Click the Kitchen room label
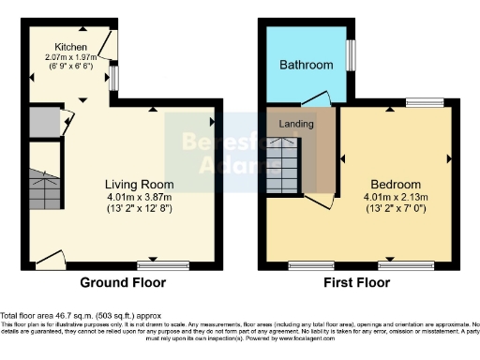point(71,47)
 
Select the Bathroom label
point(306,65)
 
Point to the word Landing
point(296,123)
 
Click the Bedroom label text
point(395,183)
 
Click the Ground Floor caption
point(123,282)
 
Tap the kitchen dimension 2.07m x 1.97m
point(71,57)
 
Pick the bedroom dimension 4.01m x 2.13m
point(395,196)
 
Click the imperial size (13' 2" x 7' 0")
point(395,207)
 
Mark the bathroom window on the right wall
point(352,54)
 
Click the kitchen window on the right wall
point(113,78)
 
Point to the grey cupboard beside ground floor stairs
point(42,123)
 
